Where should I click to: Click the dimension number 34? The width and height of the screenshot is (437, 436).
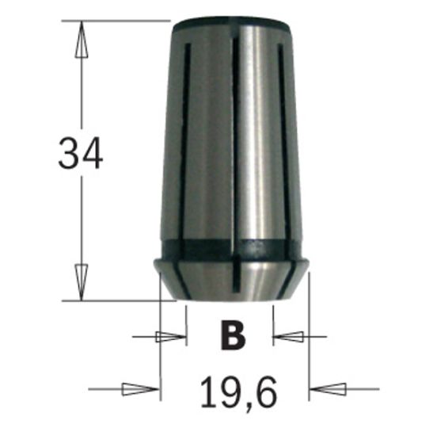80,154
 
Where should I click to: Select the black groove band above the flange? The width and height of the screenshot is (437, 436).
236,247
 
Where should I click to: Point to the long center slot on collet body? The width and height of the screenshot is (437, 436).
235,143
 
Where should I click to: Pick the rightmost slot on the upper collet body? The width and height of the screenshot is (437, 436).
283,143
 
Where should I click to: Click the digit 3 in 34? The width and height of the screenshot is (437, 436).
68,154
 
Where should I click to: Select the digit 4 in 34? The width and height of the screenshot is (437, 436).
92,154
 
